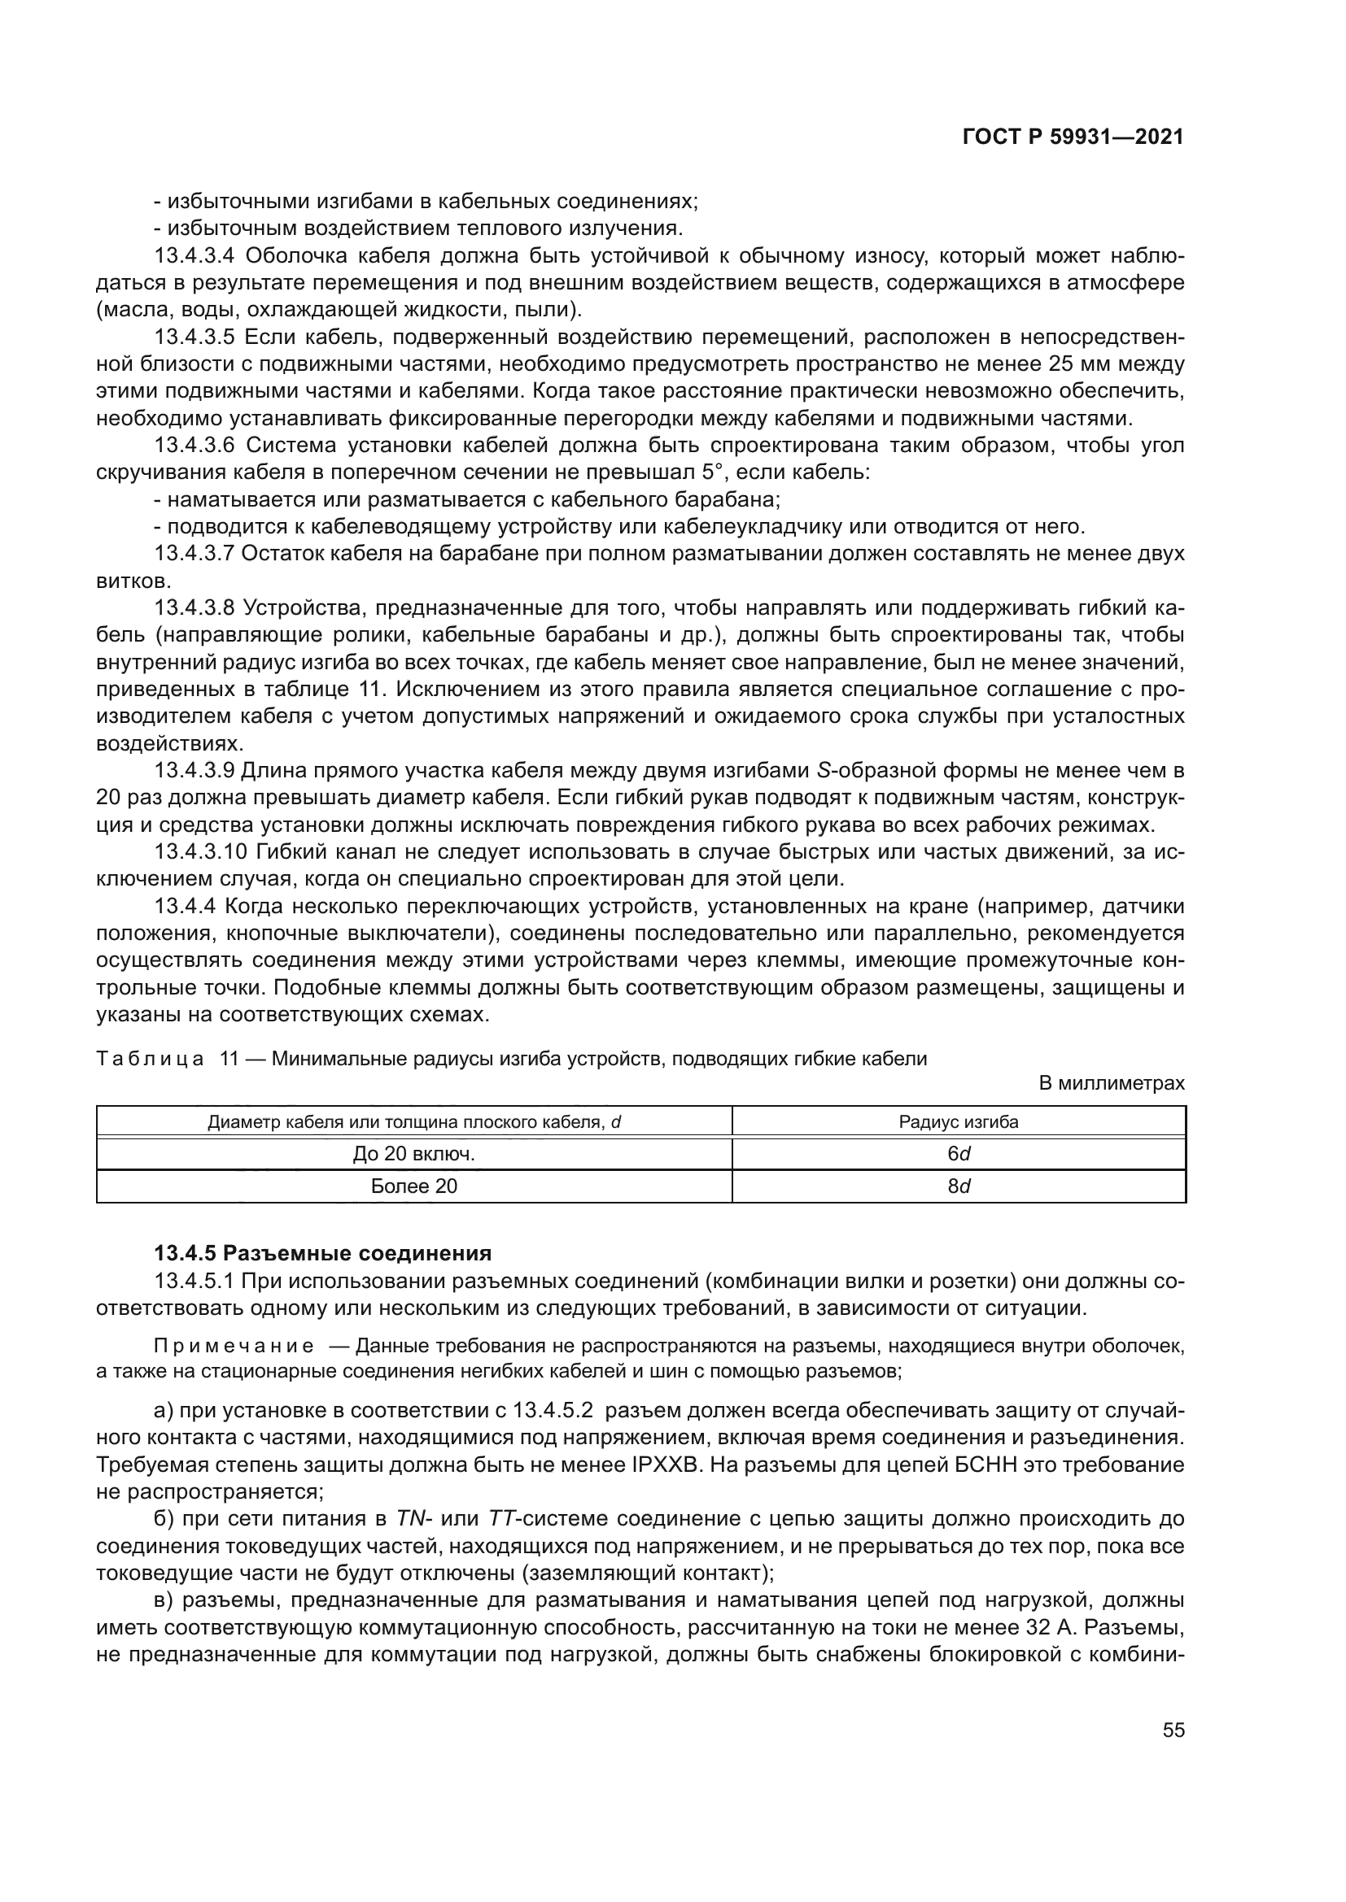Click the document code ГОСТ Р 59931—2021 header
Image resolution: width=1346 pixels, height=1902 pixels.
(1073, 137)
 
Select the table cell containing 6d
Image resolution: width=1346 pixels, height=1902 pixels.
(959, 1154)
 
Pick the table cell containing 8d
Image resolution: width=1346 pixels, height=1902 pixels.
(959, 1186)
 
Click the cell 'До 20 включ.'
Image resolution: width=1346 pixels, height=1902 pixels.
(413, 1154)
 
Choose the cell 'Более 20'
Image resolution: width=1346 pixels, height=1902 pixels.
(413, 1186)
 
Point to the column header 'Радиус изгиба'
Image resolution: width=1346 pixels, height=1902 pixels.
(959, 1122)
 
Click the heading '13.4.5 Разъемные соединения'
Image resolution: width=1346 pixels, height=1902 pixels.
(323, 1252)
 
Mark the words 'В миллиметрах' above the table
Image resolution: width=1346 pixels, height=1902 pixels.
(1112, 1082)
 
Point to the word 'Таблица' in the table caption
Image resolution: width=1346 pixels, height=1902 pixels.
(149, 1059)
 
